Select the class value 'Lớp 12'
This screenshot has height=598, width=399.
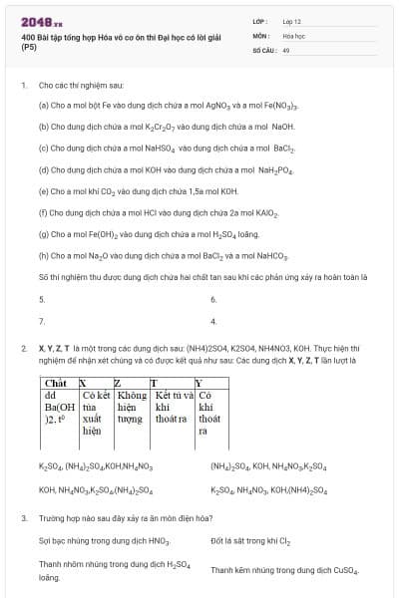point(292,20)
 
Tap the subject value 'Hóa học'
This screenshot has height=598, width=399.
point(293,34)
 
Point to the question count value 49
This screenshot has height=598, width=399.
point(286,49)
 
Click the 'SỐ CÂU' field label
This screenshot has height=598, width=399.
point(263,49)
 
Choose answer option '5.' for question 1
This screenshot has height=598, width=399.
point(42,299)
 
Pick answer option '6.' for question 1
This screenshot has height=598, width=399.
point(213,299)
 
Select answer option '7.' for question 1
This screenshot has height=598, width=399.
point(42,321)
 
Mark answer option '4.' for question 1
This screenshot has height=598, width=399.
point(213,321)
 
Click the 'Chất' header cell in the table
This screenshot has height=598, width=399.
point(56,383)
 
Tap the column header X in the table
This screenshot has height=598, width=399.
point(84,383)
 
